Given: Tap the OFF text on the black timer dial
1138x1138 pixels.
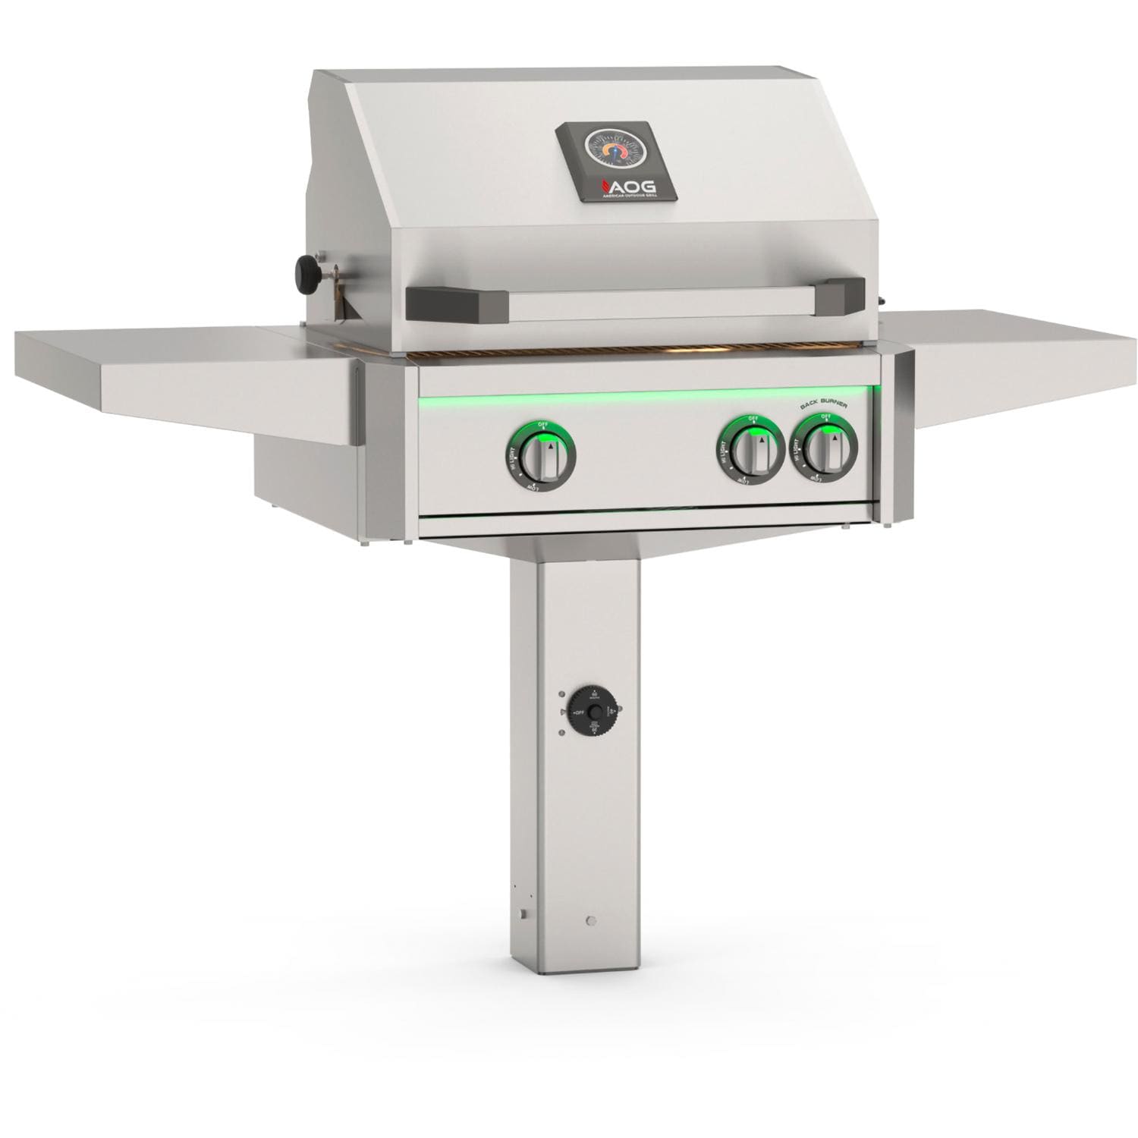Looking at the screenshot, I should [579, 714].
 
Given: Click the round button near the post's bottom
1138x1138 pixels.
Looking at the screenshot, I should [591, 921].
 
